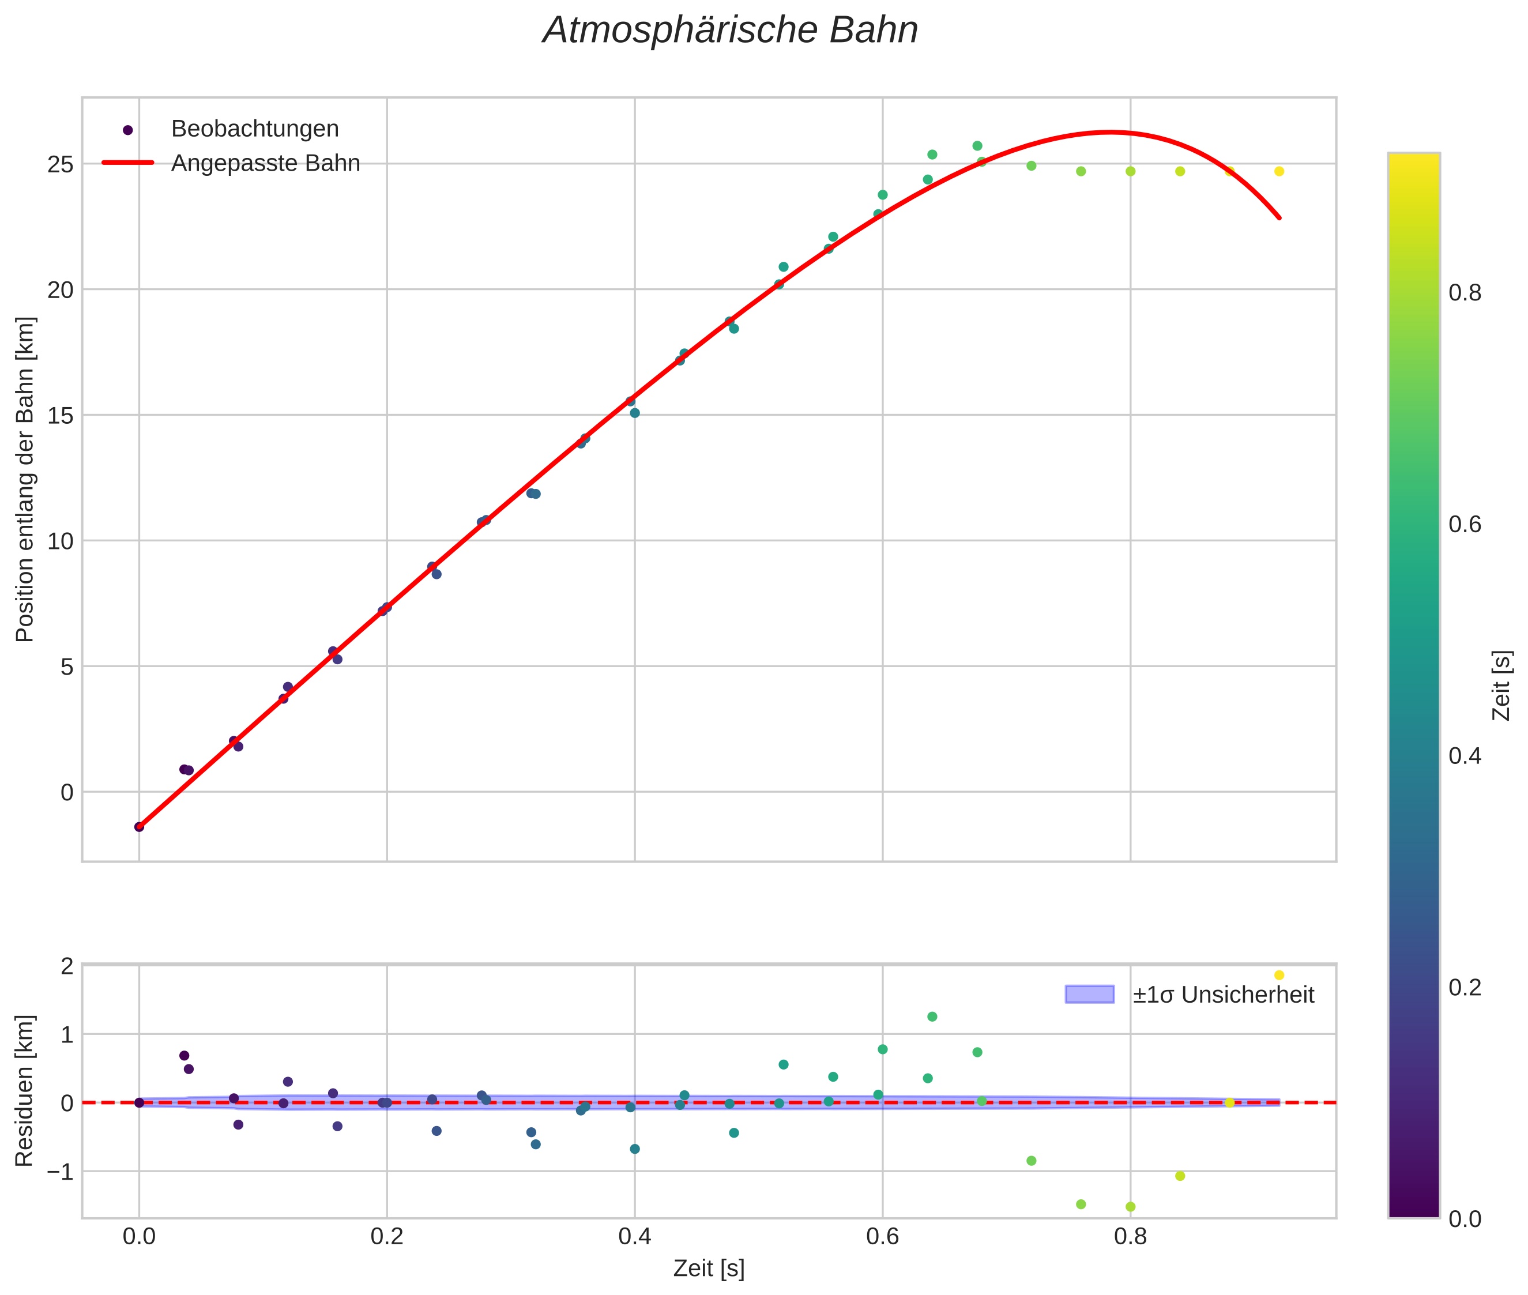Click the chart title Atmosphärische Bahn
tap(730, 31)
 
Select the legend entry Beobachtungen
tap(254, 129)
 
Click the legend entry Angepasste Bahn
tap(265, 164)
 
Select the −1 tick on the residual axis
tap(59, 1172)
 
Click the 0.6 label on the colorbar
tap(1464, 524)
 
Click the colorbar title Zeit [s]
tap(1502, 685)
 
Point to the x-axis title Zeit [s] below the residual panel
tap(709, 1268)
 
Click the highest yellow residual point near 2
tap(1279, 976)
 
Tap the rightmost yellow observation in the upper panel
tap(1279, 172)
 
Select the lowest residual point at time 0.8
tap(1131, 1207)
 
